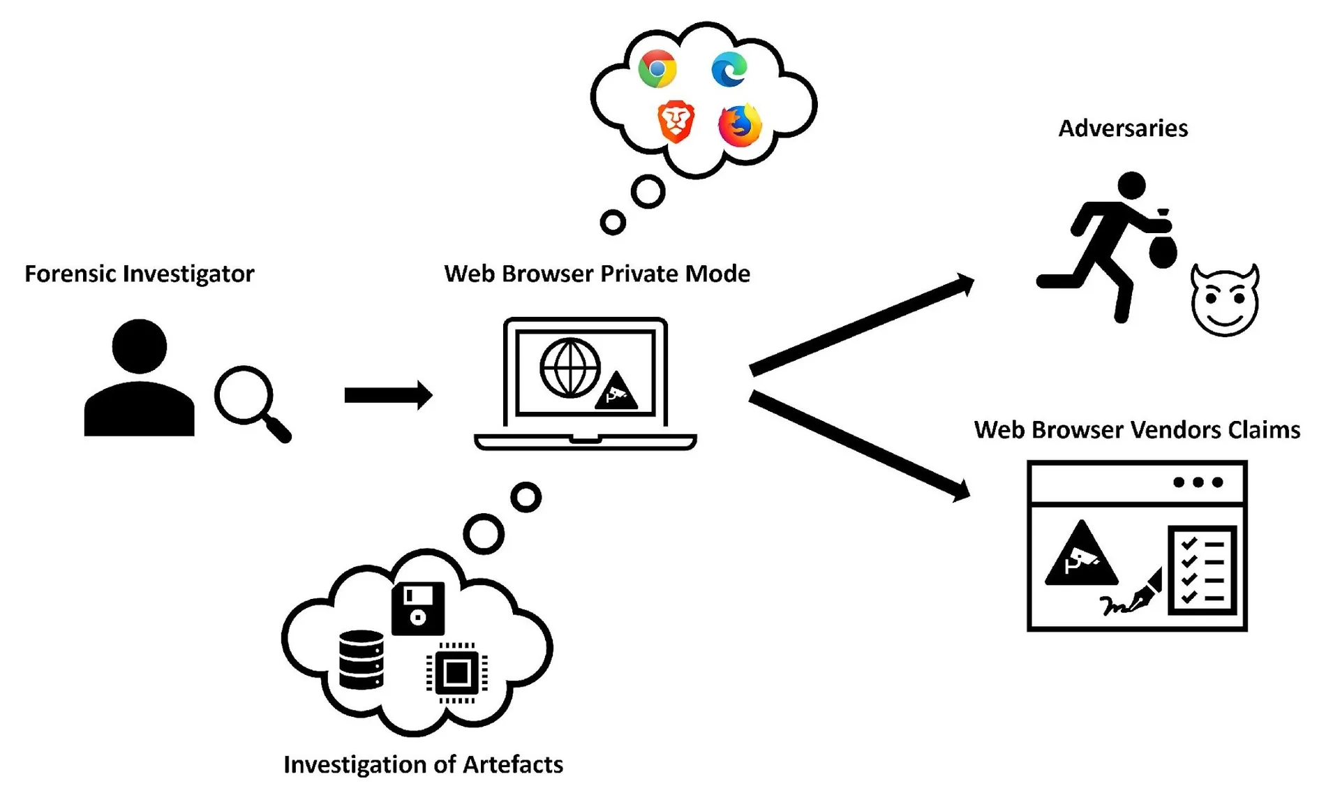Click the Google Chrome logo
(x=657, y=68)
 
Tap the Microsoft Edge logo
(x=729, y=68)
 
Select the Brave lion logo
(x=676, y=121)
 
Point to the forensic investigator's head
(x=140, y=346)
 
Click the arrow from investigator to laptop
(x=388, y=396)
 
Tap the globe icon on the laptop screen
(x=570, y=368)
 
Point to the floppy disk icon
(x=418, y=608)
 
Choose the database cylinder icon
(x=361, y=660)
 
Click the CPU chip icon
(x=457, y=673)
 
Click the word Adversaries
(x=1123, y=128)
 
